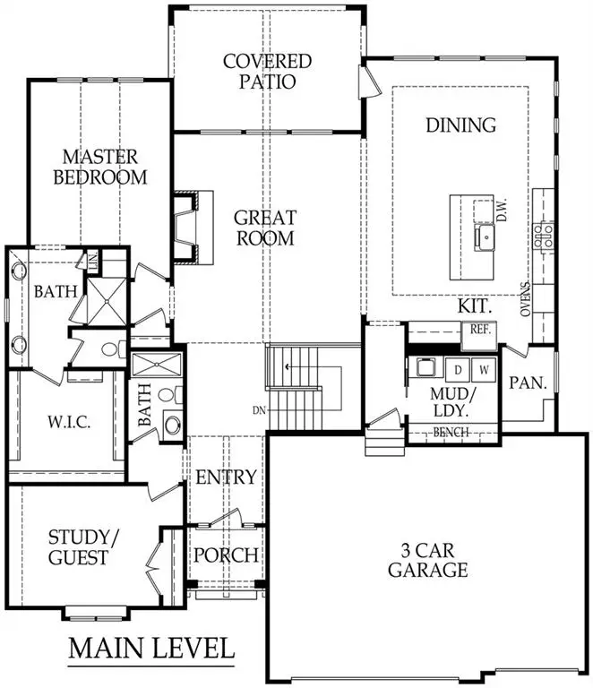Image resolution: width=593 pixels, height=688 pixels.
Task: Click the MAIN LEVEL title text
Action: click(x=151, y=647)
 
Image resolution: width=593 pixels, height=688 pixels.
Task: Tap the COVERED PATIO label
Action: click(x=267, y=72)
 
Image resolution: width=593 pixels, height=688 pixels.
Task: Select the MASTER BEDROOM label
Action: click(x=100, y=166)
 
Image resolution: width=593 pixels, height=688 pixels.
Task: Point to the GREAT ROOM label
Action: click(x=264, y=228)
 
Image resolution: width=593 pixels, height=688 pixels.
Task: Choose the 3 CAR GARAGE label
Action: click(x=435, y=559)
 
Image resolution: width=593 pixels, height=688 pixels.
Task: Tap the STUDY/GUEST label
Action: click(x=78, y=547)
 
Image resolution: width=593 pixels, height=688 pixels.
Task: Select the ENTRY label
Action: click(x=226, y=477)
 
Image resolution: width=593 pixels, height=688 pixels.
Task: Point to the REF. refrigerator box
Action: click(x=476, y=330)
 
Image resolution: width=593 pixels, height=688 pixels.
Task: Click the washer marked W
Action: click(x=484, y=368)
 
